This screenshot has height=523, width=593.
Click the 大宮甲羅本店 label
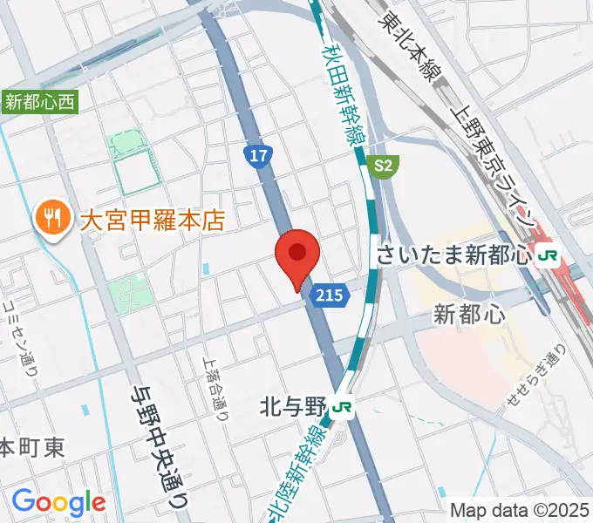[x=152, y=219]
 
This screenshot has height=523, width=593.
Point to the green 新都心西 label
[x=40, y=102]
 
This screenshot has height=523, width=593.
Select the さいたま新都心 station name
[x=453, y=255]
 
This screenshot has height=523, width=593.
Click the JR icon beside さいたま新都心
[x=548, y=255]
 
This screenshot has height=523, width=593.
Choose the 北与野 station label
[x=292, y=406]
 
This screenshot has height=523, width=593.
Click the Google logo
[x=58, y=502]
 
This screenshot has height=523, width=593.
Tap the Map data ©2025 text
[x=521, y=510]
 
